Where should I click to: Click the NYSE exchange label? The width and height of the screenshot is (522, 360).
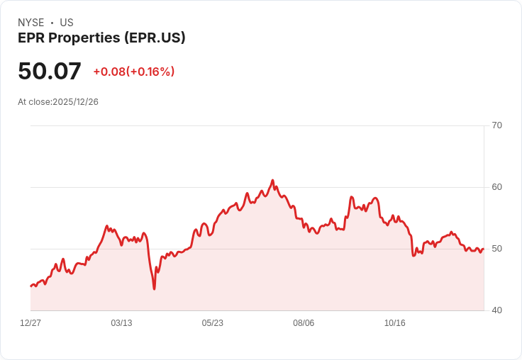coord(31,23)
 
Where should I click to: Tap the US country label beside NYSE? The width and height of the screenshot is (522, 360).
coord(67,23)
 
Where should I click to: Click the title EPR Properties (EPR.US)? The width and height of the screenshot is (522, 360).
coord(101,38)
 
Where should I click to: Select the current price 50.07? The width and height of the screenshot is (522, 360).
coord(50,71)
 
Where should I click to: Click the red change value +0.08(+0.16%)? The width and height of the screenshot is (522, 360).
coord(133,72)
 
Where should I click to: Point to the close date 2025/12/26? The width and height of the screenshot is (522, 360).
coord(75,102)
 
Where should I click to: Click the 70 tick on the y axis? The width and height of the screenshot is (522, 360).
coord(496,125)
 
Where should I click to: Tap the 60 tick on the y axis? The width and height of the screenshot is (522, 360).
coord(496,187)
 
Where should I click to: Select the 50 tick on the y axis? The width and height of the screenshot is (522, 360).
coord(496,249)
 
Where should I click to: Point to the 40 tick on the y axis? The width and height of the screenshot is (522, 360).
coord(496,310)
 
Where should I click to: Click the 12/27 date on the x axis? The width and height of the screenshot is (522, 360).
coord(30,323)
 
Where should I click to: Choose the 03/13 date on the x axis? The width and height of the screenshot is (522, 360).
coord(121,323)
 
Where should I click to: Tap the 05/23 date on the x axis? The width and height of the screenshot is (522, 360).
coord(212,323)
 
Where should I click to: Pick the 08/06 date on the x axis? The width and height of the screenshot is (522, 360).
coord(304,323)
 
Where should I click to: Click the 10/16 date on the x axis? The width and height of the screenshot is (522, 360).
coord(394,323)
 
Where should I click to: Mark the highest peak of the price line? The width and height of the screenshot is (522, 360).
coord(272,181)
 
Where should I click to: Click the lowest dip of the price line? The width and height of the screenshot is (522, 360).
coord(154,288)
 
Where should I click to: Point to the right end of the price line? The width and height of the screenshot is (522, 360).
coord(483,249)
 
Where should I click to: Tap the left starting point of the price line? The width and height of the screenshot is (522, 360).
coord(31,286)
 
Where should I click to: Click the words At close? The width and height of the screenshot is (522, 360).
coord(34,102)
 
